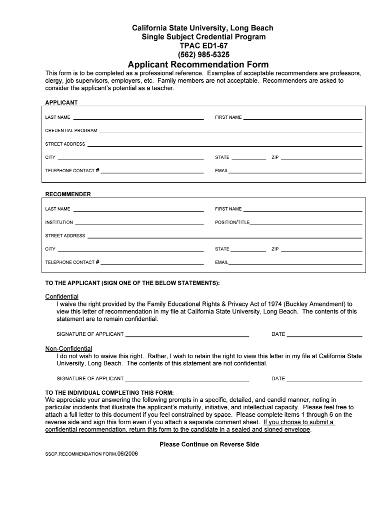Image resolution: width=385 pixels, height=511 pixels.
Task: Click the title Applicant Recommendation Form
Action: click(198, 65)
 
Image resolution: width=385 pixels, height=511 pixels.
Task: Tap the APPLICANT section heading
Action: click(61, 102)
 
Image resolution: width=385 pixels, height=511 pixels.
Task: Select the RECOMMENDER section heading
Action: click(68, 194)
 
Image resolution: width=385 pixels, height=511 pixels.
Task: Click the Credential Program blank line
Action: click(230, 132)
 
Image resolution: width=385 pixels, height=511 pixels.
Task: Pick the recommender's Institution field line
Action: click(139, 224)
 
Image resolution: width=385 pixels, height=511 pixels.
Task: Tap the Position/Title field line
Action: click(306, 224)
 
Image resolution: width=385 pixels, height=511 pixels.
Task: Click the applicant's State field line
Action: click(249, 159)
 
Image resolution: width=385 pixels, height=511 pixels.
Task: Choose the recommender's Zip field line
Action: click(321, 251)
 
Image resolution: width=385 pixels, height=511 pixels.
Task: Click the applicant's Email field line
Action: click(295, 172)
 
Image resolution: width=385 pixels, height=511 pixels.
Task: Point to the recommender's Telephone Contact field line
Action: click(152, 264)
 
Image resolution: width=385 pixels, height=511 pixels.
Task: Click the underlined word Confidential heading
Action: click(62, 296)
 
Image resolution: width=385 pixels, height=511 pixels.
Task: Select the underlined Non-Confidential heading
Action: click(68, 348)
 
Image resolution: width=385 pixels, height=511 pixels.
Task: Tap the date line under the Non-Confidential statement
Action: click(324, 380)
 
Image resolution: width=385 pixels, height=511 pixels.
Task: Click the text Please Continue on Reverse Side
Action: click(209, 444)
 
